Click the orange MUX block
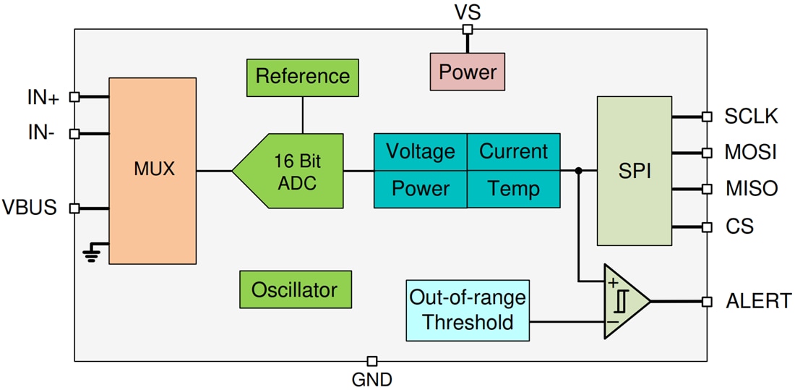pyautogui.click(x=152, y=171)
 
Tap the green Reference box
pyautogui.click(x=302, y=76)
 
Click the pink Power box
pyautogui.click(x=468, y=72)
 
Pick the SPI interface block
pyautogui.click(x=635, y=171)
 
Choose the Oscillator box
pyautogui.click(x=295, y=289)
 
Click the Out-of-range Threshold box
pyautogui.click(x=468, y=310)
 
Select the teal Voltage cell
pyautogui.click(x=420, y=152)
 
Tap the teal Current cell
pyautogui.click(x=513, y=152)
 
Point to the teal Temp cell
pyautogui.click(x=513, y=190)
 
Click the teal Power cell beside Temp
pyautogui.click(x=420, y=190)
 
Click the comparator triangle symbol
pyautogui.click(x=624, y=301)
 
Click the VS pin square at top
pyautogui.click(x=468, y=30)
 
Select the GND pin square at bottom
pyautogui.click(x=371, y=360)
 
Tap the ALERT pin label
pyautogui.click(x=757, y=301)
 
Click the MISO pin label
pyautogui.click(x=751, y=190)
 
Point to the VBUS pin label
pyautogui.click(x=29, y=208)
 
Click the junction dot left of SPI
pyautogui.click(x=578, y=171)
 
